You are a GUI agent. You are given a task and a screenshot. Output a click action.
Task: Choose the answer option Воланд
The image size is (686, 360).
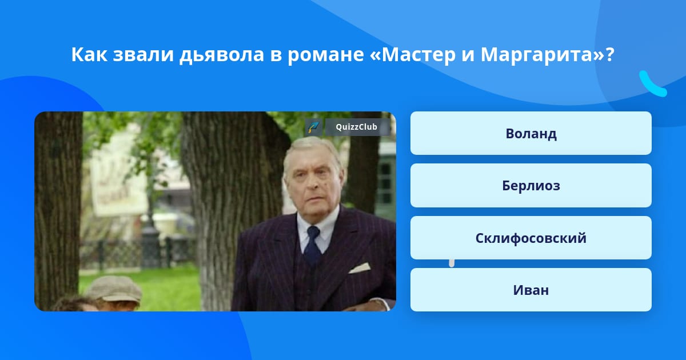(531, 133)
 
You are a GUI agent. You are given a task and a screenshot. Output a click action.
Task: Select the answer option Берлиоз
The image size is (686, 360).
(531, 186)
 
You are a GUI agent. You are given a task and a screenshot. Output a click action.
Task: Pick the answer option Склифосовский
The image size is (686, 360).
(531, 238)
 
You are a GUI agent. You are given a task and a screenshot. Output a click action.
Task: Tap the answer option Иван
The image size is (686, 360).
(531, 290)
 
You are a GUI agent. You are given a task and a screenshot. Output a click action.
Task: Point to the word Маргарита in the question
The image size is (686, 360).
(537, 55)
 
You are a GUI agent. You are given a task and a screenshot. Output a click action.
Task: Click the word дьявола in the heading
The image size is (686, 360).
(222, 55)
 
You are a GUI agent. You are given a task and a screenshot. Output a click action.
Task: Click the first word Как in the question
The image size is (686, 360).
(89, 54)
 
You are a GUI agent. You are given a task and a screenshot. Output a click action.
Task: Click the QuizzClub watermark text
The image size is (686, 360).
(356, 127)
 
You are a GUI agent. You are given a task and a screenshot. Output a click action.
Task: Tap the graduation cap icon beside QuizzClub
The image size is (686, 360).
(313, 127)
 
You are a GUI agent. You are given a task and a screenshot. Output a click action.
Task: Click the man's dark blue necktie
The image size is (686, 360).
(313, 245)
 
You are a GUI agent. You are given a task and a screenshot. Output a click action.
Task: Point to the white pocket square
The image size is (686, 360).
(359, 267)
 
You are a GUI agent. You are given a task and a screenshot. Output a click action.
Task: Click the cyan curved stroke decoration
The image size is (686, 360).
(652, 85)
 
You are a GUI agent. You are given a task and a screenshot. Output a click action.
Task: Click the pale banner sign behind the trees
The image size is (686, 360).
(119, 181)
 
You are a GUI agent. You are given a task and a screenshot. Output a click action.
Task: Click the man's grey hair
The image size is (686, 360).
(312, 150)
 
